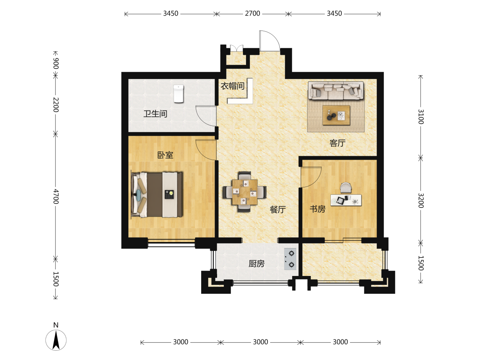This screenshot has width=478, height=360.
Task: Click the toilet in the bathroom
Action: coord(178,94)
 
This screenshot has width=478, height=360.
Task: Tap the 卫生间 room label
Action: coord(155,114)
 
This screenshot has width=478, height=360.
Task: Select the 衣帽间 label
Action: coord(232,86)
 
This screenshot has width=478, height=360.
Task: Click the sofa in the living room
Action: coord(336,91)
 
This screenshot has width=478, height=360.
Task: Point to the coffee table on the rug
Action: coord(336,115)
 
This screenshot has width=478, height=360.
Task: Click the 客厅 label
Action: coord(337,143)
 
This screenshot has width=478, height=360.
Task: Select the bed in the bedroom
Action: coord(157,195)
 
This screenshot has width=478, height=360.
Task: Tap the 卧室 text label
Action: coord(165,155)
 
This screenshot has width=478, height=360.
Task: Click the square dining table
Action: coord(245,192)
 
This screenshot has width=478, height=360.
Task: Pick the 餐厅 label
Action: coord(278,210)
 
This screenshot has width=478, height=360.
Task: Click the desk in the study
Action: coord(346,200)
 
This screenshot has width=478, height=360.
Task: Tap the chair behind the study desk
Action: coord(346,188)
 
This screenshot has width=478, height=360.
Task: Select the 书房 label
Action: coord(318,209)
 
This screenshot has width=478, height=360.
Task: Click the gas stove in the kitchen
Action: coord(290,259)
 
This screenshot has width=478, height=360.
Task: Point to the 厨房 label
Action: coord(256,264)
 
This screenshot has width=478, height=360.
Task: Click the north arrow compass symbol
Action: coord(56,340)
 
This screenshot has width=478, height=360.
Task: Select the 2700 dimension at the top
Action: coord(252,14)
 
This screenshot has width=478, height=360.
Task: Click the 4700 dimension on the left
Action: coord(56,197)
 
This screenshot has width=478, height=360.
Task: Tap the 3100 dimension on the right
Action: coord(421,117)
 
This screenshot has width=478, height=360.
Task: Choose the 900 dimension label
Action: coord(56,63)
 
